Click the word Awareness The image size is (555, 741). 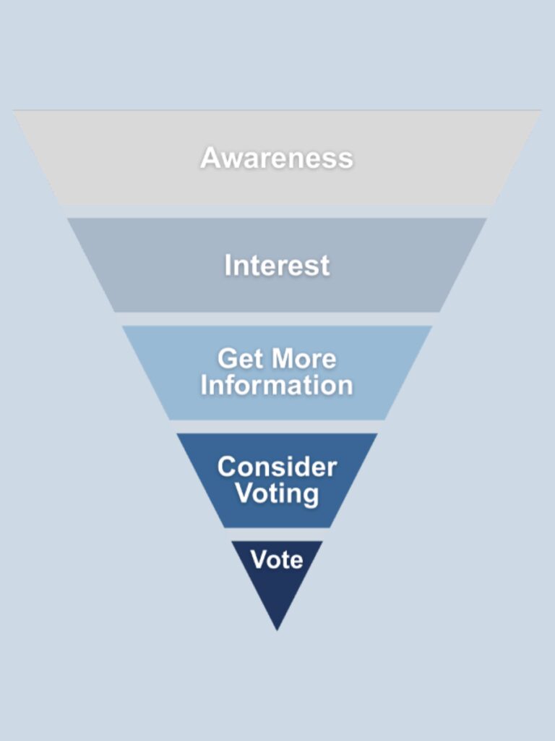(x=277, y=157)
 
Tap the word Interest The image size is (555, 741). (x=277, y=265)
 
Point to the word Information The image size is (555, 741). (x=277, y=385)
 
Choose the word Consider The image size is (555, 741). (x=277, y=467)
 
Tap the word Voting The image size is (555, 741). (x=277, y=494)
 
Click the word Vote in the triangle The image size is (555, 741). (x=277, y=560)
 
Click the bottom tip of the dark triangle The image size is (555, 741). (x=277, y=630)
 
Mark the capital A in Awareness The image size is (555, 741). (x=211, y=157)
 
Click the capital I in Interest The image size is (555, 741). (x=228, y=265)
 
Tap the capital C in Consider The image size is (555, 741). (x=228, y=467)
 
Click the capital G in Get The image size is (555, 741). (x=228, y=358)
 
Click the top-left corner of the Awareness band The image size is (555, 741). (x=13, y=110)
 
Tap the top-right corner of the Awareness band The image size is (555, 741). (x=542, y=110)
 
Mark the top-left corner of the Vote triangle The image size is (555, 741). (x=231, y=541)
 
